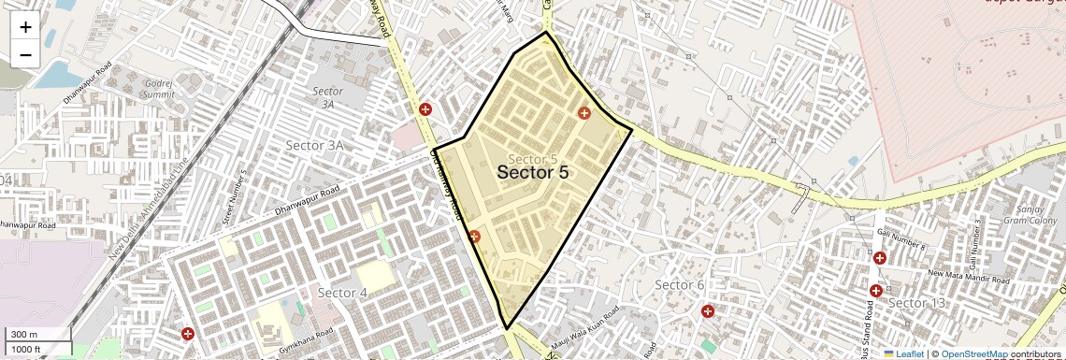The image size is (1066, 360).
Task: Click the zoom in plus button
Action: [x=25, y=27]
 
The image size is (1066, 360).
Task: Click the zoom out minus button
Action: [x=25, y=55]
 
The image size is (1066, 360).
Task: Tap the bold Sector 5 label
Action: [x=532, y=172]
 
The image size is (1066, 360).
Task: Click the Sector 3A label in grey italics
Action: [x=328, y=97]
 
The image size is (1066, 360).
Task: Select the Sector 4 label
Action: [x=342, y=293]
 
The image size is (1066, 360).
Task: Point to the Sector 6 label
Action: [x=679, y=284]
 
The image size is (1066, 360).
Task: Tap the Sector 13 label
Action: [x=916, y=303]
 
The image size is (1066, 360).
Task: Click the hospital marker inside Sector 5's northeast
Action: [x=584, y=113]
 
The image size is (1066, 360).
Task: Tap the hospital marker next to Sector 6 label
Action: [x=708, y=310]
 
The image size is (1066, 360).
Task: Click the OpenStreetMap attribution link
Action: [x=973, y=353]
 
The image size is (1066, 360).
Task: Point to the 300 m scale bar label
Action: [x=24, y=335]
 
